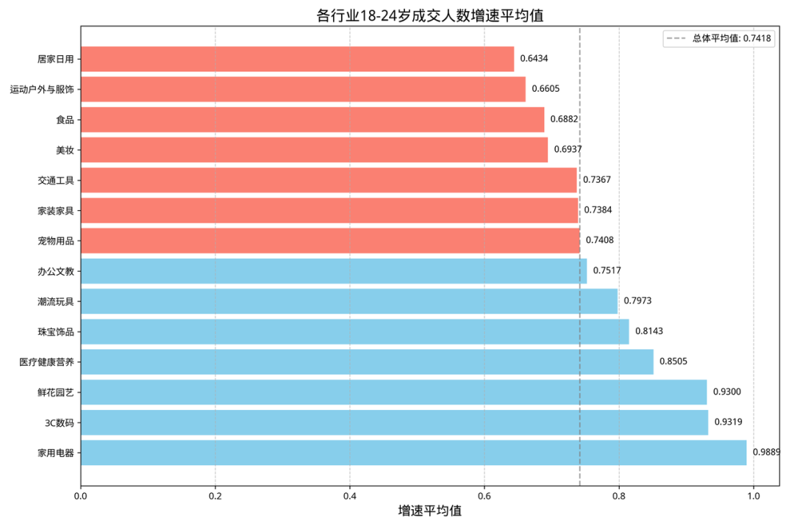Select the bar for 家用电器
pos(413,453)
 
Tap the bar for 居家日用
pos(297,59)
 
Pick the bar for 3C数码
pos(394,422)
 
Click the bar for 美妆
pos(314,150)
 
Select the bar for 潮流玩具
pos(348,301)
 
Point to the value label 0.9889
pos(766,453)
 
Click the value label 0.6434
pos(534,59)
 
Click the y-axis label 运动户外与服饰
pos(42,90)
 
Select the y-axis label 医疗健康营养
pos(46,362)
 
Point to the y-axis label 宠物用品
pos(56,241)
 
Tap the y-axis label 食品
pos(65,120)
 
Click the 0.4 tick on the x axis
pos(350,496)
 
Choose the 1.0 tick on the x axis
pos(754,496)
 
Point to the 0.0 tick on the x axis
pos(81,496)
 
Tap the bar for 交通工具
pos(329,180)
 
